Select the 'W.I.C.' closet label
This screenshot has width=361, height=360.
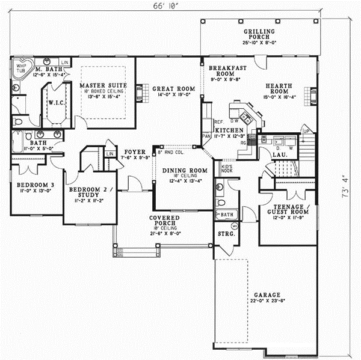tap(52, 102)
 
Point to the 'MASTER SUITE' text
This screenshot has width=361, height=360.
tap(100, 86)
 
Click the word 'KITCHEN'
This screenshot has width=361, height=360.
tap(229, 130)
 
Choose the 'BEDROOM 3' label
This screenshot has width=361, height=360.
tap(33, 185)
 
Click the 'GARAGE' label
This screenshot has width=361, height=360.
tap(267, 295)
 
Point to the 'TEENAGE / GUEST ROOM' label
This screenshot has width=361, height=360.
tap(287, 212)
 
